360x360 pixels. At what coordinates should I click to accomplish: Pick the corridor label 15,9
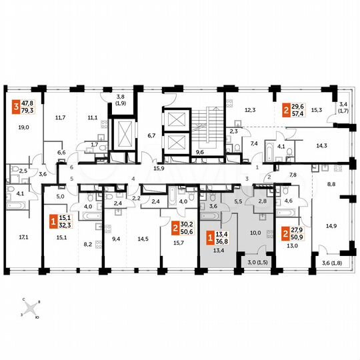(159, 168)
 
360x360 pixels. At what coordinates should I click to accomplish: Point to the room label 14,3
(321, 144)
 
